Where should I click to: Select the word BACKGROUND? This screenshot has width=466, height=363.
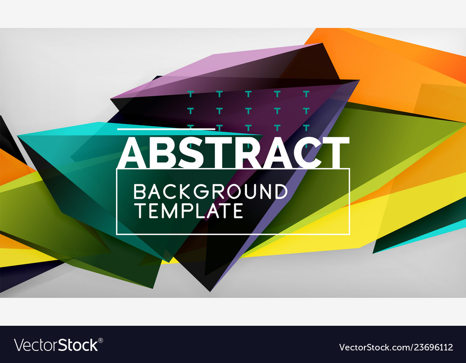[210, 192]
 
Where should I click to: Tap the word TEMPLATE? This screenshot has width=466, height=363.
[188, 210]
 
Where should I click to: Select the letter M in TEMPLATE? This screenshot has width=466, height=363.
[175, 210]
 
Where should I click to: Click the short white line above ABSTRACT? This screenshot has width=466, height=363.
[166, 129]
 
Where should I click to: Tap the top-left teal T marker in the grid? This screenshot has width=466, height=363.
[190, 94]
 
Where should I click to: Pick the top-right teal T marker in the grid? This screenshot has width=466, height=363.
[306, 94]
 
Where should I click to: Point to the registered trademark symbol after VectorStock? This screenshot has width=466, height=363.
[101, 340]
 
